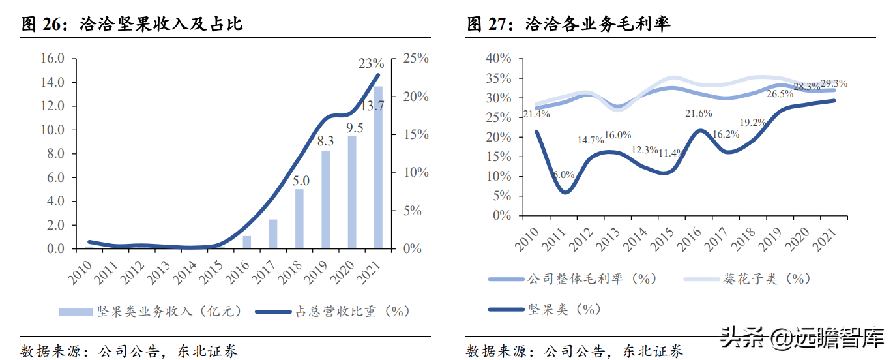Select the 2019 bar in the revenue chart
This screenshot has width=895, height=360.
click(325, 200)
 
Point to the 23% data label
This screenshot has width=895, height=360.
click(372, 64)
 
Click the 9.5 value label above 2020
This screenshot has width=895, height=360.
click(355, 127)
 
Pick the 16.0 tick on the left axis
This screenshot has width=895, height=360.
click(52, 59)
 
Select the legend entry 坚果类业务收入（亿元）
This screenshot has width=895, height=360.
click(151, 312)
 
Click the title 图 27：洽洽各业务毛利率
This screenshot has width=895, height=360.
click(569, 25)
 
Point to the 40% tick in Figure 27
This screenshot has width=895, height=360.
click(499, 59)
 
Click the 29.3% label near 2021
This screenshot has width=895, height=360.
click(834, 84)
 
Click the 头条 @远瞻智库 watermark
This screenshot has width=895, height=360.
click(802, 340)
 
